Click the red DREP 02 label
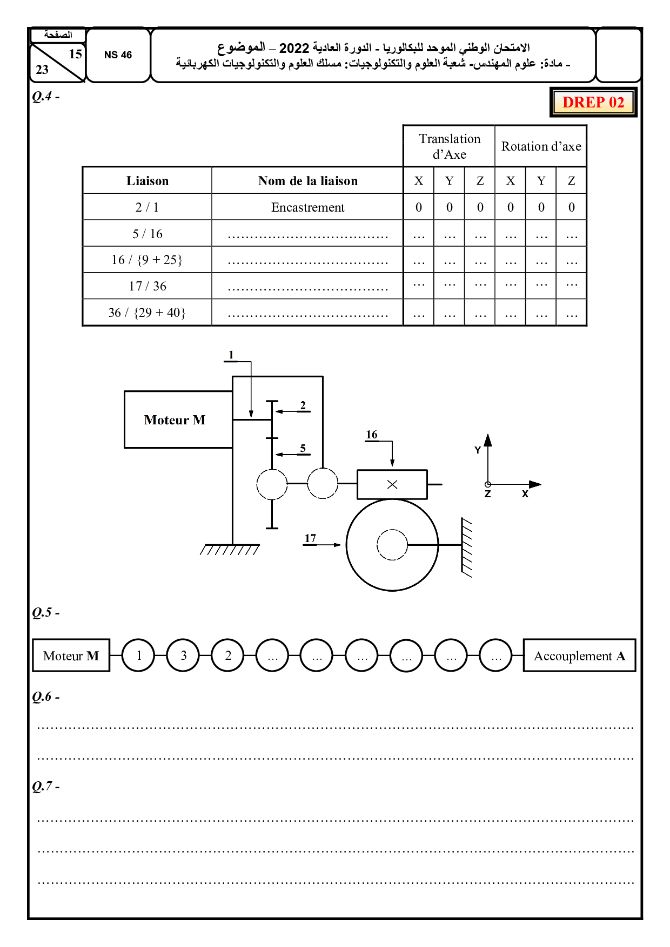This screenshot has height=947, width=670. point(593,102)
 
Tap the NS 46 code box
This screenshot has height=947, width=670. point(118,55)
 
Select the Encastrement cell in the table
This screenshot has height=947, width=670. point(307,207)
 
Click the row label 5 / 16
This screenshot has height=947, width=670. point(147,234)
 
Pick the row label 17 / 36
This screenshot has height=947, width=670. point(147,286)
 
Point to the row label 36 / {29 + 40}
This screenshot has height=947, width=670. point(147,313)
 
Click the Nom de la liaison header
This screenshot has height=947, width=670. point(307,181)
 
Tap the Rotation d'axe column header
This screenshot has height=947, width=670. point(541,146)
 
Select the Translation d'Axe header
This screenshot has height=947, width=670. point(449,146)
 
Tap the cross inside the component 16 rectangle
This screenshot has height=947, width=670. point(392,484)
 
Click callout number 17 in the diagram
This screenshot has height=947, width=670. point(310,538)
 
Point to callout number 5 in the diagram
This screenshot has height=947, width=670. point(303,448)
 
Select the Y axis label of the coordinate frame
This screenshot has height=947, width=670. point(478,450)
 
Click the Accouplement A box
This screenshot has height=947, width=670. point(579,655)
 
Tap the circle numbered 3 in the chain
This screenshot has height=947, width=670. point(183,655)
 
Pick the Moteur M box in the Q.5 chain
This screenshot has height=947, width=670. point(71,655)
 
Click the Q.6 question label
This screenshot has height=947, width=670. point(45,696)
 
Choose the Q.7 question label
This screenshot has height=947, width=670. point(45,786)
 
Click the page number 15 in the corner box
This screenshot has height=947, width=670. point(75,54)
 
